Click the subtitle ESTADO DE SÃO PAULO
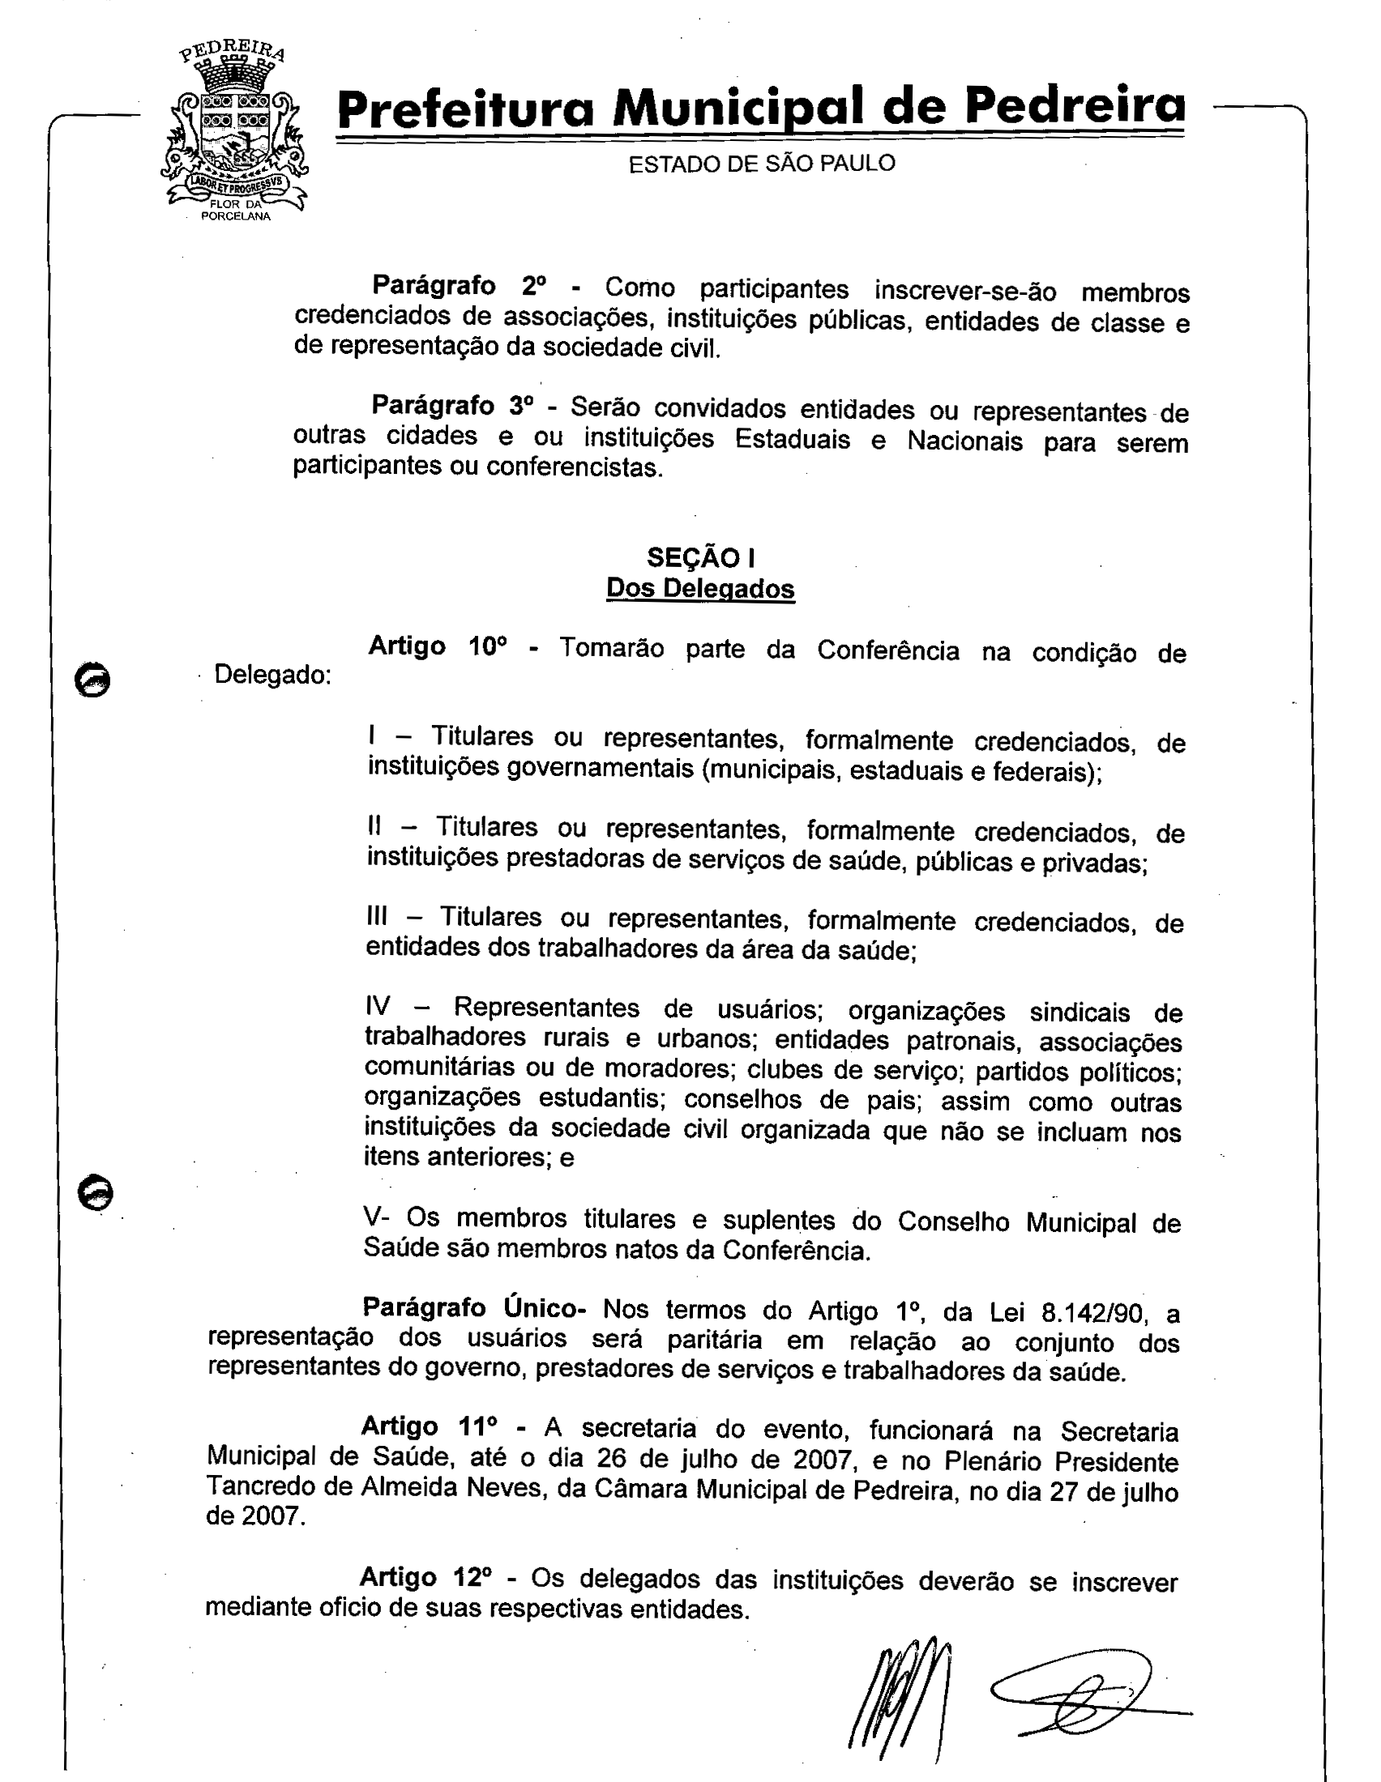click(762, 164)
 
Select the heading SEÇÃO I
click(700, 557)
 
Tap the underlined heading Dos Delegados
click(700, 588)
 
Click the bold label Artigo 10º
click(438, 646)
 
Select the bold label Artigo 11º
click(430, 1426)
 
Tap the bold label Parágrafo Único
click(473, 1307)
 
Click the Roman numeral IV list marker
click(378, 1006)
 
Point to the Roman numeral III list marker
click(377, 917)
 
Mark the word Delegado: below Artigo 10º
click(271, 676)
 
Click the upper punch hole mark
click(92, 680)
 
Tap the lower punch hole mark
click(96, 1193)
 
